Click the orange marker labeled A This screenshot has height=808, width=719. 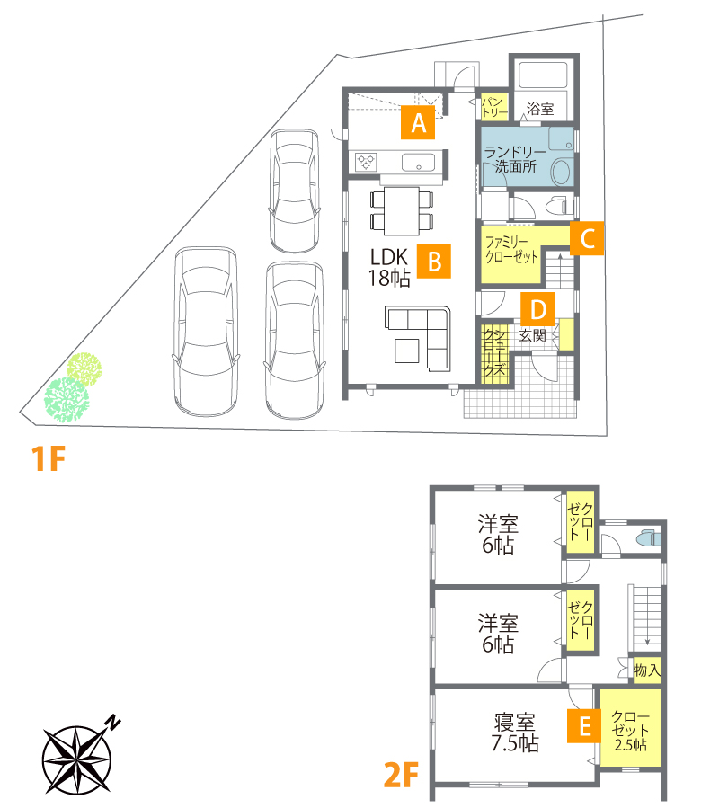(x=418, y=122)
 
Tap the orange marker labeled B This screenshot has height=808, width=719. (x=434, y=261)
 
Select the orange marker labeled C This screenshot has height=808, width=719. (x=587, y=238)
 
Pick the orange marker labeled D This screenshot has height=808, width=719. (x=537, y=309)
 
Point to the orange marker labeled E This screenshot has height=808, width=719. (x=584, y=726)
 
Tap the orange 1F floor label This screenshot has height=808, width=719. (x=48, y=458)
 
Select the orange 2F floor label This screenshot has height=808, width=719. (x=401, y=775)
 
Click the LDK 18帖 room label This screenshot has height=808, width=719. (x=389, y=268)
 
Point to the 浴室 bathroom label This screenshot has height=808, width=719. (x=539, y=109)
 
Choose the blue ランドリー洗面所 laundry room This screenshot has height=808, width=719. (x=528, y=156)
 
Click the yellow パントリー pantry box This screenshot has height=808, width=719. (x=494, y=107)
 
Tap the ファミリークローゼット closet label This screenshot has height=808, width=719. (x=511, y=249)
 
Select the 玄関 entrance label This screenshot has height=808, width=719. (x=532, y=335)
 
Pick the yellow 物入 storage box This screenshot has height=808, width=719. (x=647, y=670)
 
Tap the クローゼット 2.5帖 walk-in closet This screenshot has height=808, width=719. (x=630, y=728)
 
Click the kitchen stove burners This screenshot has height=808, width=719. (x=366, y=162)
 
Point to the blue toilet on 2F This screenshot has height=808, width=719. (x=648, y=538)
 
